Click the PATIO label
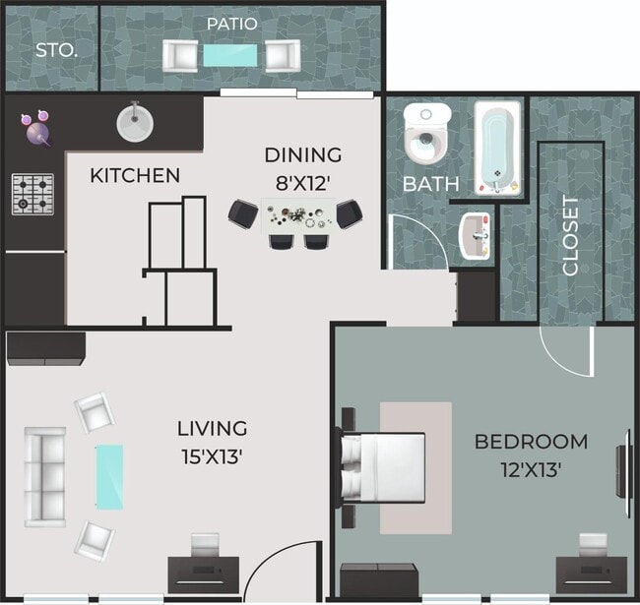(232, 23)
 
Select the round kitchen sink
(135, 122)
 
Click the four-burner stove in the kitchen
(32, 193)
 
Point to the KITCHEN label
(135, 176)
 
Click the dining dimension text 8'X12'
(301, 182)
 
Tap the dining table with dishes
(296, 214)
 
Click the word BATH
(430, 184)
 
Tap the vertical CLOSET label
(570, 235)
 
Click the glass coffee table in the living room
(109, 476)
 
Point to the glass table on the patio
(232, 56)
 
